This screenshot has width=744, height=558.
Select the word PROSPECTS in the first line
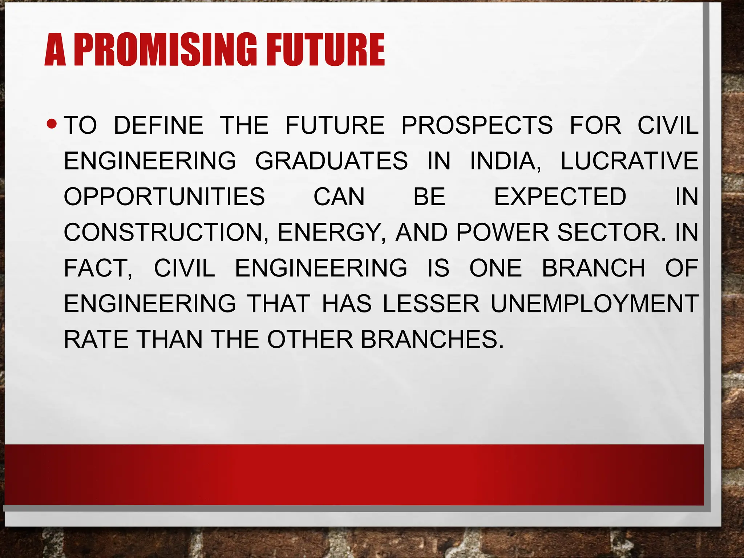pyautogui.click(x=477, y=125)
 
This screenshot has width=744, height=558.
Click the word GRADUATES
pyautogui.click(x=331, y=161)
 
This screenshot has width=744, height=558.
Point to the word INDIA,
pyautogui.click(x=505, y=161)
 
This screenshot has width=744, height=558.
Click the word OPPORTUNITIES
pyautogui.click(x=164, y=197)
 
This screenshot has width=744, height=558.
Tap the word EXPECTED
pyautogui.click(x=560, y=197)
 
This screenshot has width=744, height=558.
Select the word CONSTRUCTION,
pyautogui.click(x=166, y=232)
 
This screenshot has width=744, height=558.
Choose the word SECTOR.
pyautogui.click(x=612, y=232)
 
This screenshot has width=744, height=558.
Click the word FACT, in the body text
pyautogui.click(x=98, y=268)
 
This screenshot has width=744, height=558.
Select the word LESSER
pyautogui.click(x=431, y=304)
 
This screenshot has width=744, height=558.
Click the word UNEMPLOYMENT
pyautogui.click(x=594, y=304)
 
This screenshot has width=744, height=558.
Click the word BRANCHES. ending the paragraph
pyautogui.click(x=432, y=340)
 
